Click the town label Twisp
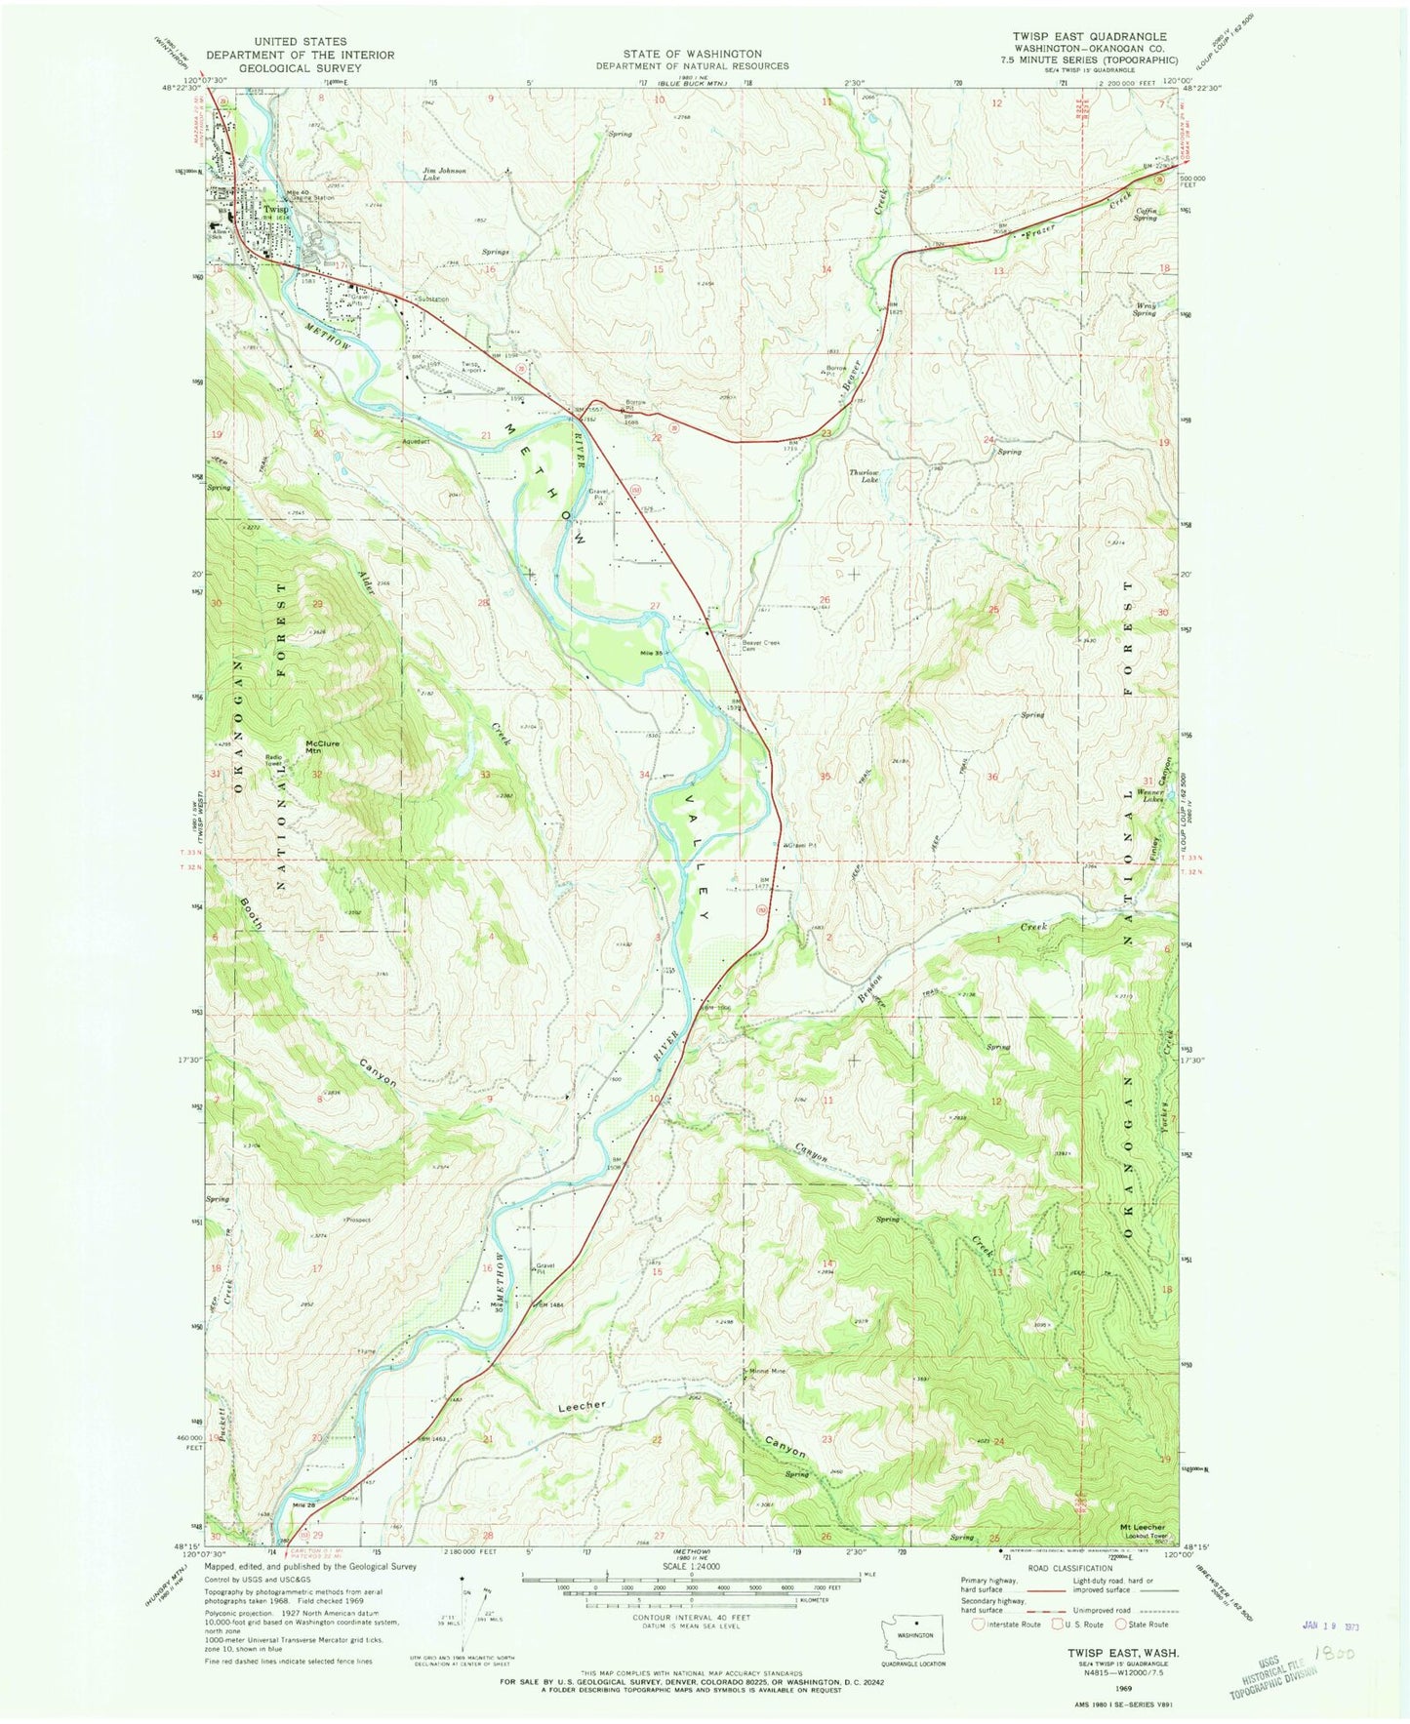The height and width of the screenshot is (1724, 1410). point(276,209)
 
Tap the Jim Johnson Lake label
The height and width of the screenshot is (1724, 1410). point(444,175)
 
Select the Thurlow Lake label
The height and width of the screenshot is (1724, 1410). point(864,476)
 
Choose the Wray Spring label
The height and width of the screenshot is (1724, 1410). point(1144,309)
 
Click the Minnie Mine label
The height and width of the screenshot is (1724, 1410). point(767,1372)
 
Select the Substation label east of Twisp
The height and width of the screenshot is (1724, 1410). point(433,300)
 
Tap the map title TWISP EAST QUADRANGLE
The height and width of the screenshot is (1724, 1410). point(1089,36)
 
